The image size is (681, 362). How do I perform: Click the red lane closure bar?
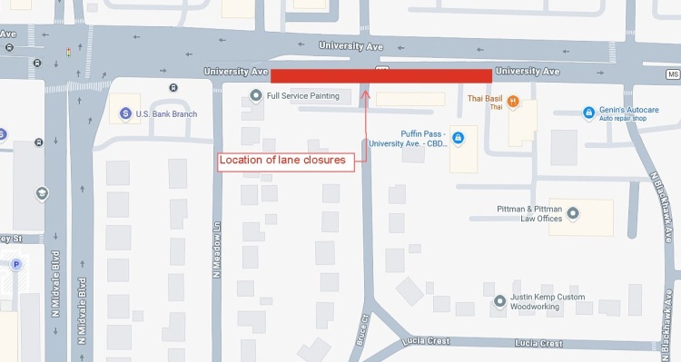(381, 75)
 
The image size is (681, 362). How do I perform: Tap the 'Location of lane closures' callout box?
(283, 161)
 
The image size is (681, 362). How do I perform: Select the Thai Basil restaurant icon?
(513, 102)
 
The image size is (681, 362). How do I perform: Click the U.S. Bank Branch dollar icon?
(125, 113)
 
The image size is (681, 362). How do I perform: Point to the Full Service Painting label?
(302, 95)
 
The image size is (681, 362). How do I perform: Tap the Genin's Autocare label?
(628, 110)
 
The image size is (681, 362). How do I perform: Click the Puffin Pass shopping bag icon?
(458, 137)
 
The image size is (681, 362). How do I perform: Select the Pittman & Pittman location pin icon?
(572, 213)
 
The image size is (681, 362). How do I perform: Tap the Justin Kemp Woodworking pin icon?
(499, 301)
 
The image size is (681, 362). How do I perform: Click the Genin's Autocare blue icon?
(587, 112)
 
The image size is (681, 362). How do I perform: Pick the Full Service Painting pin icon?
(257, 95)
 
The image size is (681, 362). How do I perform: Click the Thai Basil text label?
(485, 99)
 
